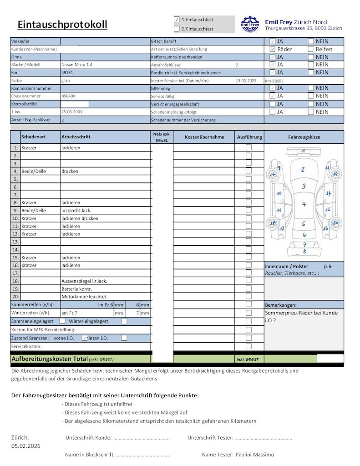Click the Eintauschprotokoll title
62,24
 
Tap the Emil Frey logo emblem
249,25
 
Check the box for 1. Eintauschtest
177,20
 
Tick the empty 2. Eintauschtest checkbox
177,29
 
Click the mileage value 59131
67,72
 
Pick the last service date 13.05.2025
246,81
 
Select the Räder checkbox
272,49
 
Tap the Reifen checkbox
311,49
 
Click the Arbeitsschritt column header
76,137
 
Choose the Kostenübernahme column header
204,137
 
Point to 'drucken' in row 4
70,171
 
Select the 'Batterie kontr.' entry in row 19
76,289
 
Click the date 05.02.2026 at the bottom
26,446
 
